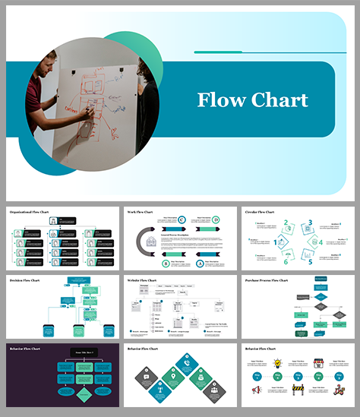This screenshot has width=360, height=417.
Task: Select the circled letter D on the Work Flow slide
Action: pos(216,220)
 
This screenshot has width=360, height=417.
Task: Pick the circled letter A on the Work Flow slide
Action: pos(201,264)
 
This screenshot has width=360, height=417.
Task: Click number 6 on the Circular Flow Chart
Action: pos(286,262)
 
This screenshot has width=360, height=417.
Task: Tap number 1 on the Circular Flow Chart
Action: pos(275,243)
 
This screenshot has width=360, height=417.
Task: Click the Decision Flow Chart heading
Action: pos(26,281)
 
